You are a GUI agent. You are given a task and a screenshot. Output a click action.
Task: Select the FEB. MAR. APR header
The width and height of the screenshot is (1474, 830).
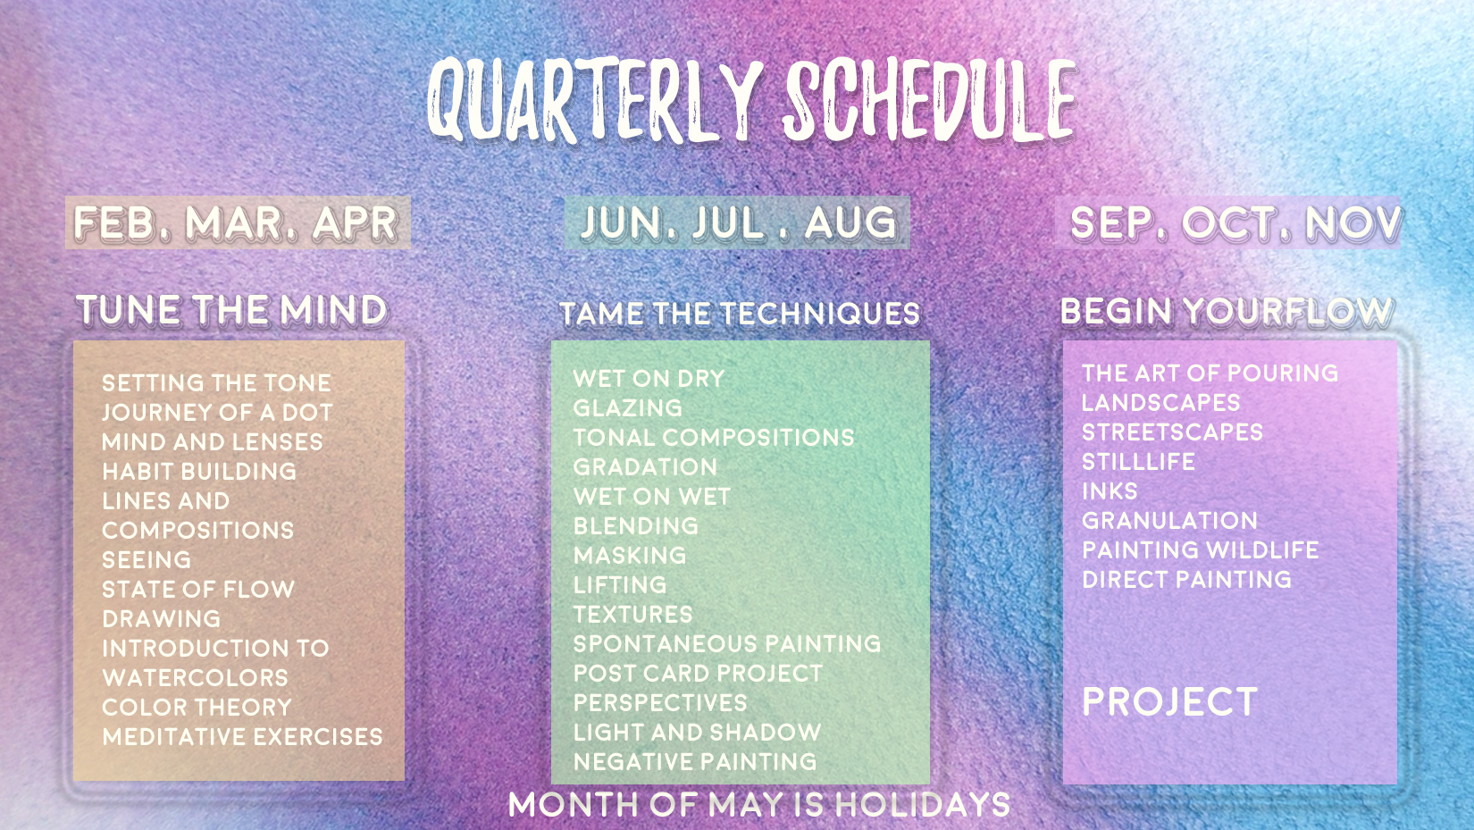click(236, 222)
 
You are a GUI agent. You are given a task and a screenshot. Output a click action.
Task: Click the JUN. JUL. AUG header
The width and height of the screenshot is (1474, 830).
click(738, 222)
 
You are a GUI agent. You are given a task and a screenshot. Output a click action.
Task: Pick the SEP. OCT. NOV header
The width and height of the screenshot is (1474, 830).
click(1235, 222)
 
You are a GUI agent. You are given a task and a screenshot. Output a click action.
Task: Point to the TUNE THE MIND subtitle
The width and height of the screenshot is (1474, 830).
click(231, 309)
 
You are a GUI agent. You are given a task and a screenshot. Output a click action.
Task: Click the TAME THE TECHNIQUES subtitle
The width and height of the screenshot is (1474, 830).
click(740, 314)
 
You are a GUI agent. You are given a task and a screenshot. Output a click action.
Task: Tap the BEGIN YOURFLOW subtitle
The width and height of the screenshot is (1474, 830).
click(1227, 311)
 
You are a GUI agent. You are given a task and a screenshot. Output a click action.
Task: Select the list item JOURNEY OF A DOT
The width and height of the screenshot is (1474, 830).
click(217, 413)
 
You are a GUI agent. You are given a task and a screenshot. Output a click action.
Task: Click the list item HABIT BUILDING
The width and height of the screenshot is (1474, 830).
click(199, 471)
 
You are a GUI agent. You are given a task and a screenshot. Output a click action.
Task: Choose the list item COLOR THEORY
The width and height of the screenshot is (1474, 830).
click(197, 707)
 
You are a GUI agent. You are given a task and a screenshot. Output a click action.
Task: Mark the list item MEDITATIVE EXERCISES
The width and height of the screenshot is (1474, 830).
click(242, 736)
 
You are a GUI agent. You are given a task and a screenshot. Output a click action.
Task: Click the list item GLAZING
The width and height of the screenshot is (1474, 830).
click(628, 408)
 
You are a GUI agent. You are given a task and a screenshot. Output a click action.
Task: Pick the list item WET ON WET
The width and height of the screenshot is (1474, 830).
click(651, 496)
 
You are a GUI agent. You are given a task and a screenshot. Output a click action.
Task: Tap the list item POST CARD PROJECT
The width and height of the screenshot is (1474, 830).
click(699, 674)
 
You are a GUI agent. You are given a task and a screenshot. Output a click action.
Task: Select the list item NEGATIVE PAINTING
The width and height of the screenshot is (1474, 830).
click(695, 761)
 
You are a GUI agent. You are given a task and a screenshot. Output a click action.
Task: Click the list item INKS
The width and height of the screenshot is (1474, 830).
click(1110, 491)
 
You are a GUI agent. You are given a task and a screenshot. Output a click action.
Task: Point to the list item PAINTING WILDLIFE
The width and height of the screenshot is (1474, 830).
click(1201, 549)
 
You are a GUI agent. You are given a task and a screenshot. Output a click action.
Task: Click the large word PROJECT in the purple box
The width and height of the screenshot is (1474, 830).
click(1170, 701)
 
